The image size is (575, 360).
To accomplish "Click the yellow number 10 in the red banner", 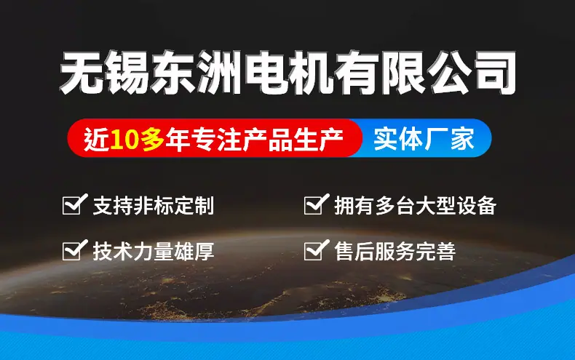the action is click(124, 140).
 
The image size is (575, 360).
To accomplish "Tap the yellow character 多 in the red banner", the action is click(152, 140).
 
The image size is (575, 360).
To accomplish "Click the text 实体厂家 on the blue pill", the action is click(424, 140).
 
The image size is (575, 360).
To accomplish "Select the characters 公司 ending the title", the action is click(473, 72).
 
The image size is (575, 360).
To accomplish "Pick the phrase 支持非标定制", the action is click(154, 205).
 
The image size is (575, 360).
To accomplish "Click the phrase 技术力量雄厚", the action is click(154, 251).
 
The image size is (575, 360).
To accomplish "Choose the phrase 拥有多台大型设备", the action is click(416, 205).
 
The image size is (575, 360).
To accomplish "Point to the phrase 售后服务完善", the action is click(395, 251).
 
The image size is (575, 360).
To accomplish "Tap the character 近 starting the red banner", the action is click(97, 140).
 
